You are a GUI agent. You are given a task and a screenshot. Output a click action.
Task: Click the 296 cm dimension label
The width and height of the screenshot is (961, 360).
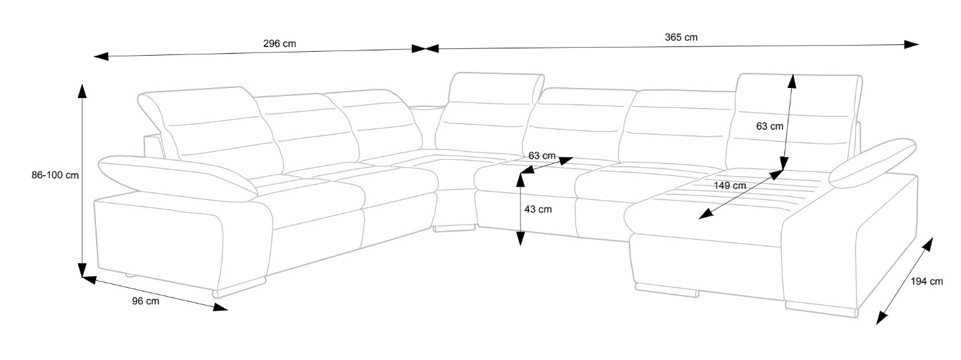(279, 44)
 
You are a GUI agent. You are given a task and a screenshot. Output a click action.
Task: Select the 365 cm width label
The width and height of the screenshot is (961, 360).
(681, 38)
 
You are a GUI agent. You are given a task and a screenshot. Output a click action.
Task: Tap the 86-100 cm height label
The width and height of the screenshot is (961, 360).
(55, 175)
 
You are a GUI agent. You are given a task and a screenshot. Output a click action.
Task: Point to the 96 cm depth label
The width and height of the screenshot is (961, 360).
(146, 302)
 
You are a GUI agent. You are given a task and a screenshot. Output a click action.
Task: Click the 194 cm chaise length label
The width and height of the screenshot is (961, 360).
(927, 282)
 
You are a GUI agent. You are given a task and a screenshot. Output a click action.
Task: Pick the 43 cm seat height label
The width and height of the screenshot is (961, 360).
(538, 210)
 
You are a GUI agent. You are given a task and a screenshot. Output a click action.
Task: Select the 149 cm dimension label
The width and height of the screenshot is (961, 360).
(730, 185)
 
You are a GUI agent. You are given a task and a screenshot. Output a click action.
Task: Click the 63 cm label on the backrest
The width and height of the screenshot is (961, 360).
(770, 126)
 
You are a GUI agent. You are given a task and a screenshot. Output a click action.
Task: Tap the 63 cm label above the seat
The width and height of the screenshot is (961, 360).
(542, 156)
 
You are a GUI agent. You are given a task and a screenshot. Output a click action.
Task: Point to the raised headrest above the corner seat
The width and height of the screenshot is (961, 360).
(495, 87)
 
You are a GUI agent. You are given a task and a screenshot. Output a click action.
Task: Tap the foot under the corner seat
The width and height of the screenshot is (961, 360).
(451, 229)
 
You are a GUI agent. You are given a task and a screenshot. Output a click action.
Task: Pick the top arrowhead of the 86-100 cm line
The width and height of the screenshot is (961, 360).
(82, 91)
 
